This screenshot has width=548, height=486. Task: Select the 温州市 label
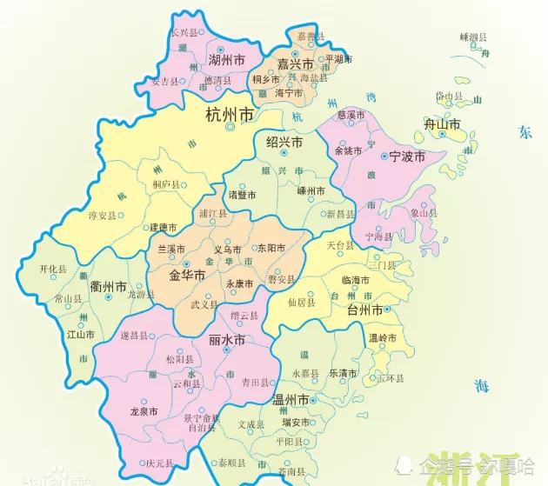(x=291, y=400)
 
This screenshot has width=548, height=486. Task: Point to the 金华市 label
(x=187, y=275)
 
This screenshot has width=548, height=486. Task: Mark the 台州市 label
(x=364, y=310)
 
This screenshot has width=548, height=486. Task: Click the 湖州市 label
(x=226, y=60)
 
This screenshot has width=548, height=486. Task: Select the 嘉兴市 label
(x=295, y=63)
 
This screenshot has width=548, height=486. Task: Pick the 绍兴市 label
(x=284, y=142)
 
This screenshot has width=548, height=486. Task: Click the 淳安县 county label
(x=102, y=216)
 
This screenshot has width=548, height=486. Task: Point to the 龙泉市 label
(x=144, y=411)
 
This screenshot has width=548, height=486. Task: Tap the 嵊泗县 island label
(x=473, y=37)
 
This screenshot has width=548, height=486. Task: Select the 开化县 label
(x=53, y=270)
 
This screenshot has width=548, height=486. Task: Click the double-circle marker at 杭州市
(x=231, y=127)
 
